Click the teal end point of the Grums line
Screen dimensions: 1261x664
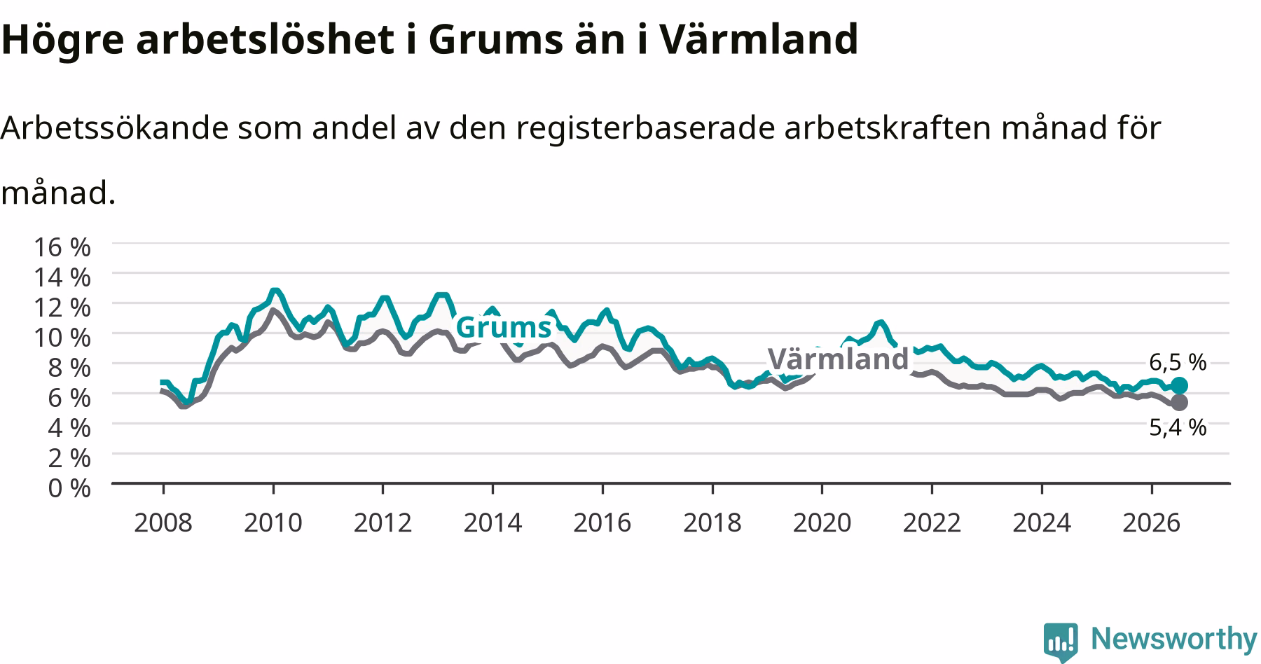[x=1179, y=385]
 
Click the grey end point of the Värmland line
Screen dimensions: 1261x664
[x=1179, y=402]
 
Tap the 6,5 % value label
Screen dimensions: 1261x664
[x=1178, y=361]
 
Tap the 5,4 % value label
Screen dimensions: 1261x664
[x=1178, y=427]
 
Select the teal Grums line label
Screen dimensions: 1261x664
[x=504, y=327]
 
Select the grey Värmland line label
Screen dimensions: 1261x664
[x=839, y=359]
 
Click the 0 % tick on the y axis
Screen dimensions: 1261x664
[x=69, y=487]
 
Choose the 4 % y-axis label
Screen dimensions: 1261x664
[x=69, y=427]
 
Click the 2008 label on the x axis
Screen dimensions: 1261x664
[x=163, y=523]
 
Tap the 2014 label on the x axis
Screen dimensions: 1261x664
[x=492, y=523]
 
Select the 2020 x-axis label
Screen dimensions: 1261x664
[x=822, y=523]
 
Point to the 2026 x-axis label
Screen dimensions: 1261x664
[x=1151, y=523]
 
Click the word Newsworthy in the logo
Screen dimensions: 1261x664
[x=1174, y=639]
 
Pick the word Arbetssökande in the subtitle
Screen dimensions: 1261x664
[x=114, y=128]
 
